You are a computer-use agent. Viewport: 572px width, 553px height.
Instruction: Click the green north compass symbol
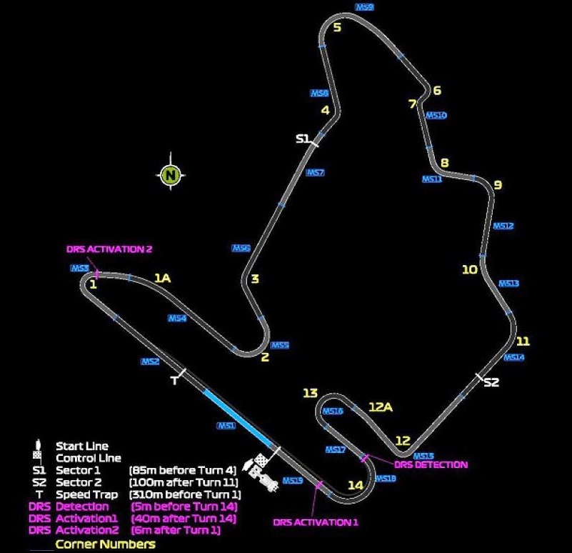coord(170,174)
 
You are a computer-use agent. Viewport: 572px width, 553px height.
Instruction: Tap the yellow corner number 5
coord(337,28)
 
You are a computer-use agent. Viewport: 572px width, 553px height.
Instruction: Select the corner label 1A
coord(163,278)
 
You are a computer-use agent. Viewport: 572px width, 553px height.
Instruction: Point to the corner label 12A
coord(381,407)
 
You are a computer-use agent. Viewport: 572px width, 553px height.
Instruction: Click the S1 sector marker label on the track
coord(303,139)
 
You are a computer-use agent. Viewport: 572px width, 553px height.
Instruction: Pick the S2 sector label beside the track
coord(491,382)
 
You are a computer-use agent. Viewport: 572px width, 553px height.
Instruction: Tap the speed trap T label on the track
coord(174,381)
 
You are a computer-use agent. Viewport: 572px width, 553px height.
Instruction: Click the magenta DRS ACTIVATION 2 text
coord(109,249)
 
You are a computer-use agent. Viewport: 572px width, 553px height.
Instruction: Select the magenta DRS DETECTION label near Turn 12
coord(431,464)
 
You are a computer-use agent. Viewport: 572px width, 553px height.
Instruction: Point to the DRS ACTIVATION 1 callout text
coord(315,522)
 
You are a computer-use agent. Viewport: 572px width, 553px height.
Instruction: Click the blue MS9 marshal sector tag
coord(364,7)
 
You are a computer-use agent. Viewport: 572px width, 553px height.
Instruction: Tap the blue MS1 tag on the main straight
coord(226,426)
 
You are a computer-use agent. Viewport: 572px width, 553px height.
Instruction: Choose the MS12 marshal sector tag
coord(503,226)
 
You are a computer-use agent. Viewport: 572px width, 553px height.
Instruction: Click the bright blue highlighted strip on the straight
coord(237,418)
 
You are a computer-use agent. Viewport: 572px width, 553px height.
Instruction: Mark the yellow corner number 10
coord(469,269)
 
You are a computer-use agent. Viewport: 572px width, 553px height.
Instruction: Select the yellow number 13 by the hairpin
coord(310,393)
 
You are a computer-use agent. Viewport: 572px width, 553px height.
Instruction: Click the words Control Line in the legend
coord(88,458)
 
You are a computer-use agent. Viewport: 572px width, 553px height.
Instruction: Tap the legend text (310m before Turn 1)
coord(185,494)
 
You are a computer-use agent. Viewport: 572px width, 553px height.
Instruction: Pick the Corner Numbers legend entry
coord(105,544)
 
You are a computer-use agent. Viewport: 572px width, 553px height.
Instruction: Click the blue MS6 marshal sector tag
coord(241,249)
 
